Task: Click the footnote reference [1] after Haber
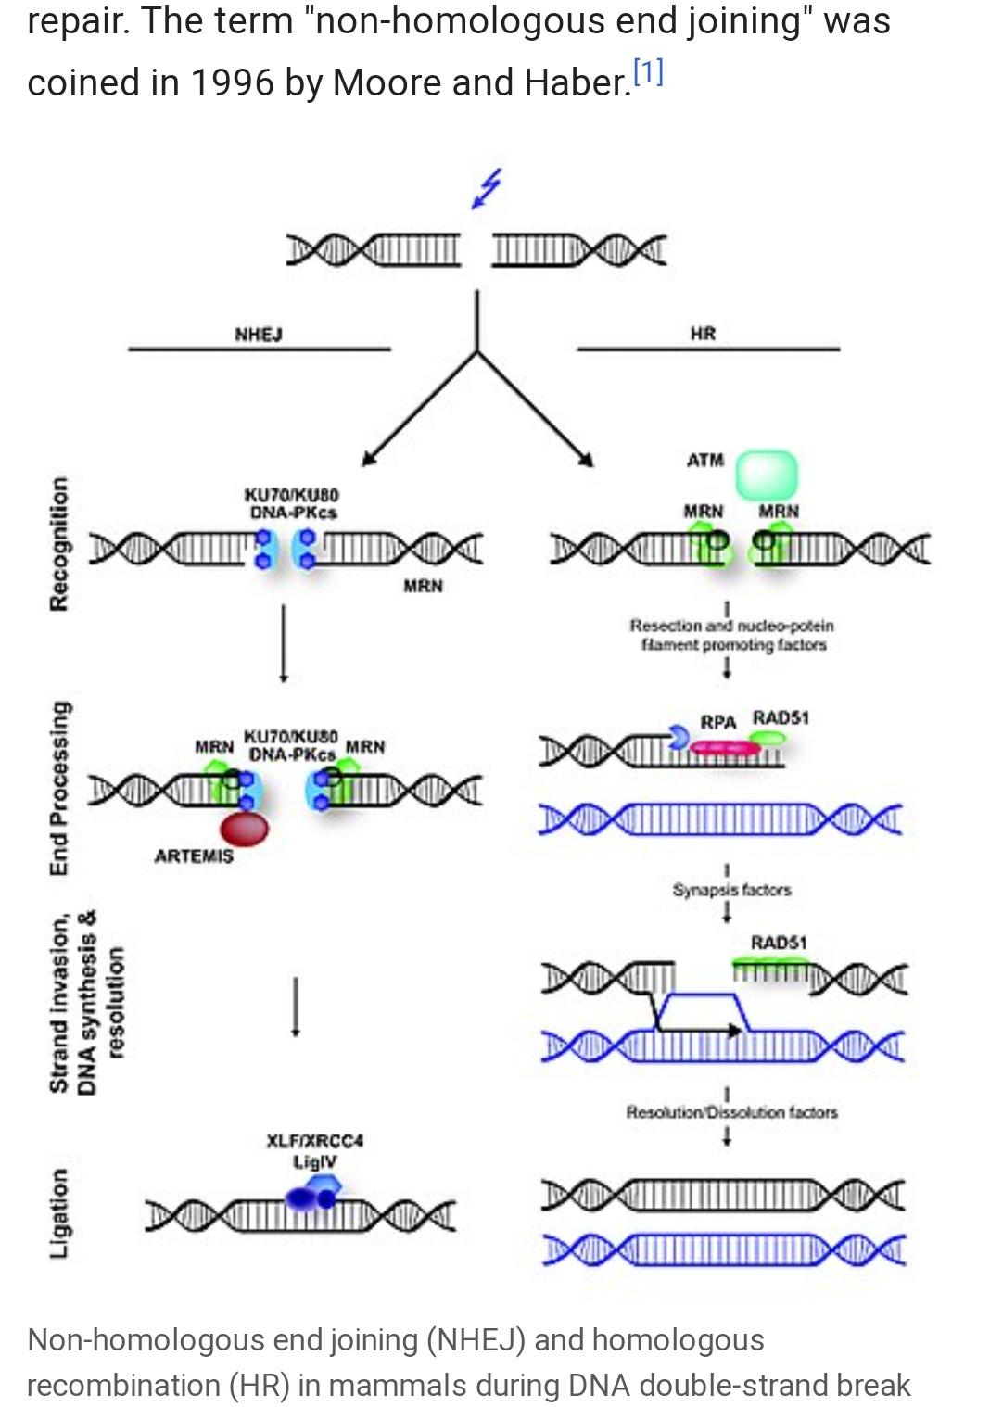(x=648, y=73)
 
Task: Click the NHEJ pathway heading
(x=259, y=334)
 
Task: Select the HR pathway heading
(x=703, y=334)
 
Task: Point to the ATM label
(x=705, y=461)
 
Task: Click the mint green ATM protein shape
(x=766, y=475)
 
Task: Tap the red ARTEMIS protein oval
(x=244, y=827)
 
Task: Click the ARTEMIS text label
(x=194, y=856)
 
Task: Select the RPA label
(x=717, y=722)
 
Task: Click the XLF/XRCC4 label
(x=314, y=1140)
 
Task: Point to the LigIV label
(x=314, y=1161)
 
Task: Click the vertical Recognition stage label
(x=58, y=544)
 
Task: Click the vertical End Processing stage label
(x=58, y=788)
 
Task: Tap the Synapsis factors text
(x=731, y=890)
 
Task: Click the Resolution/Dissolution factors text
(x=731, y=1111)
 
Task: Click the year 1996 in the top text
(x=232, y=83)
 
